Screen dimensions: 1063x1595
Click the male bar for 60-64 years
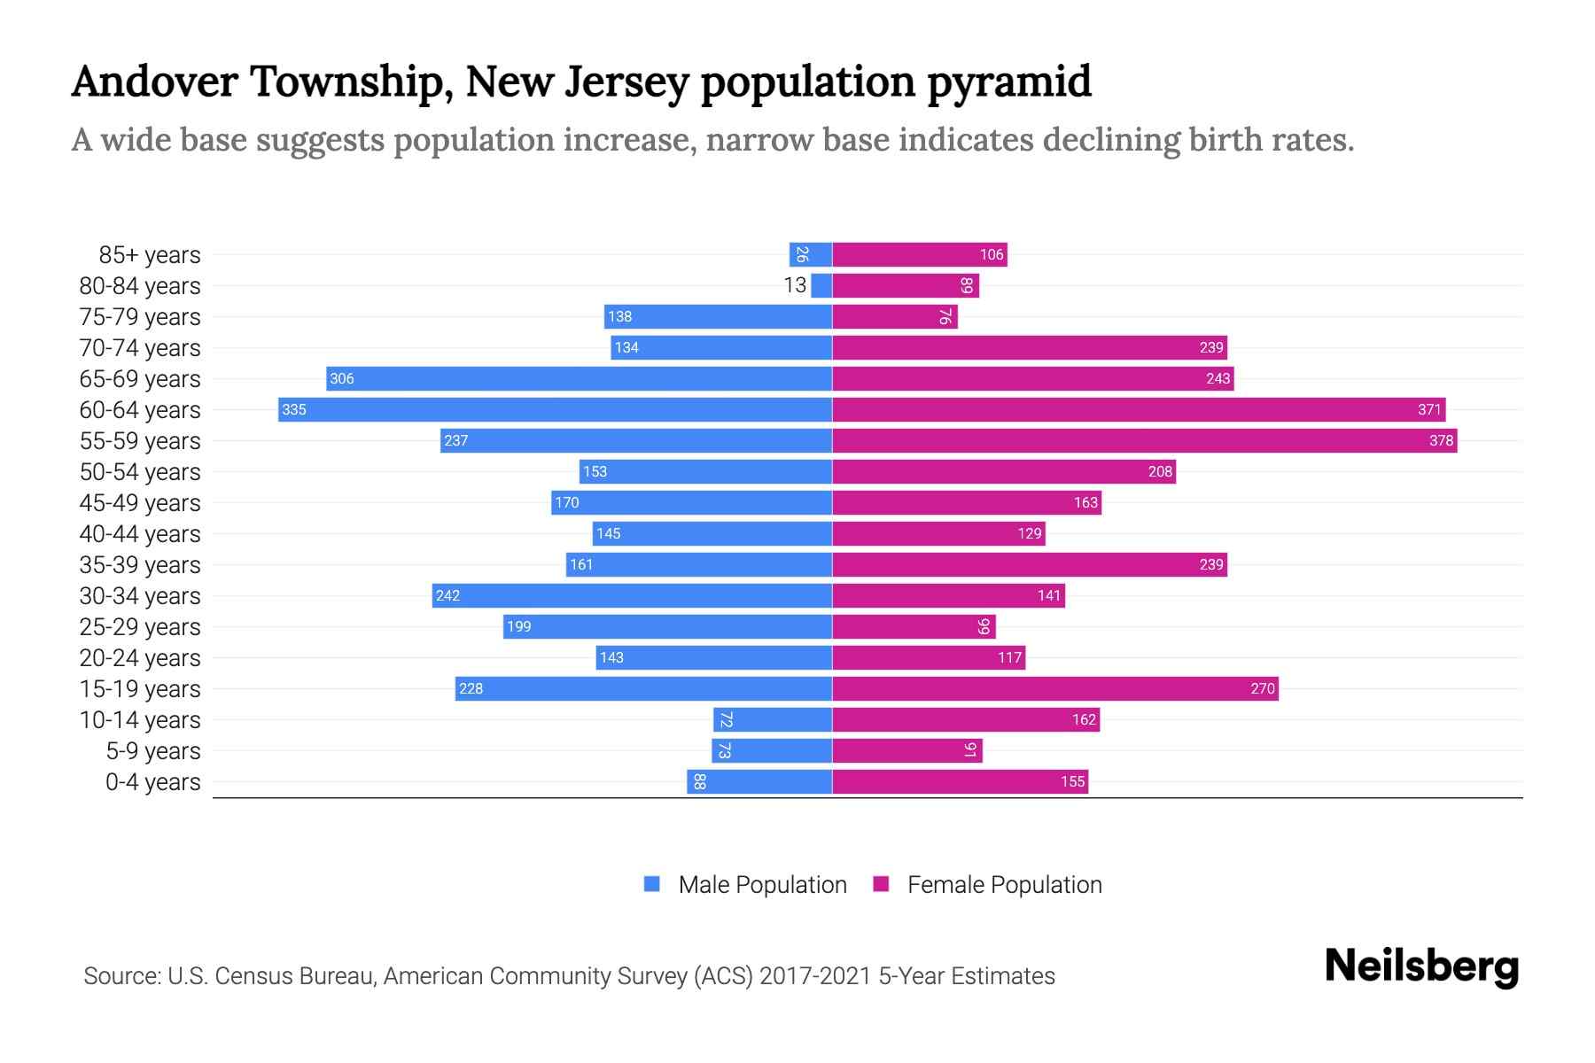(555, 409)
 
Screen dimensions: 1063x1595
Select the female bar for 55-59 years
(1144, 440)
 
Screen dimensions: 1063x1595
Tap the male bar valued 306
(579, 378)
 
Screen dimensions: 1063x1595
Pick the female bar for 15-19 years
(1054, 688)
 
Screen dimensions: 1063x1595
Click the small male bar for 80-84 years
(821, 285)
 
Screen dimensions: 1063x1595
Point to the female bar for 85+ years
(920, 254)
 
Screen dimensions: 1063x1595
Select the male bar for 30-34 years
(632, 595)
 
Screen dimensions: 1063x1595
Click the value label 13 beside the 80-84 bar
(795, 285)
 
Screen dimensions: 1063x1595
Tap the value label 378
(1441, 440)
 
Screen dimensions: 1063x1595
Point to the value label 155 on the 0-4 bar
(1072, 782)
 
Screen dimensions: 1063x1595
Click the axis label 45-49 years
(140, 502)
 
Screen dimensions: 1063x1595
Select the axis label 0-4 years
(152, 782)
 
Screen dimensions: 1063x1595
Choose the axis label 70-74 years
(140, 347)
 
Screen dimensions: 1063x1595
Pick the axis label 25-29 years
(140, 626)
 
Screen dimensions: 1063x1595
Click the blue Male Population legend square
(652, 884)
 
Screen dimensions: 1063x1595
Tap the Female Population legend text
(1004, 884)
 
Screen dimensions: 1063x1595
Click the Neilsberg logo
(1421, 966)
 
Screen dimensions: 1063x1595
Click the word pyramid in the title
(1009, 82)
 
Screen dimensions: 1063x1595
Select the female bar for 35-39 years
(1030, 564)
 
